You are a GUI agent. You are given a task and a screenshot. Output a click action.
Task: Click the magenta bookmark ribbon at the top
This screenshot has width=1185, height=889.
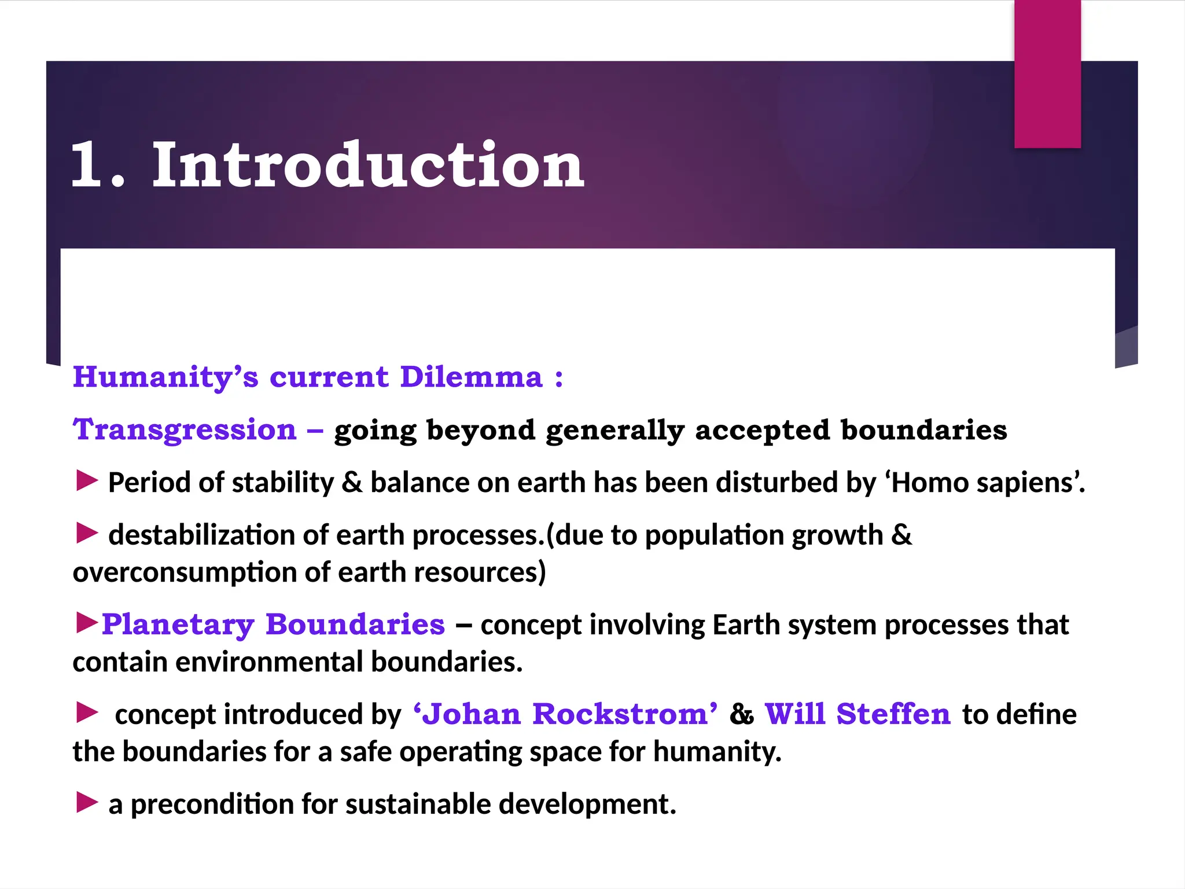pos(1047,74)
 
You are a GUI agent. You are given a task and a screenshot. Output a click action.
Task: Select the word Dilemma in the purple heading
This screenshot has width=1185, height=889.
pos(472,377)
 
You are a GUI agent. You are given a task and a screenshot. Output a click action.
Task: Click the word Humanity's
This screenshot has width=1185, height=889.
pos(165,377)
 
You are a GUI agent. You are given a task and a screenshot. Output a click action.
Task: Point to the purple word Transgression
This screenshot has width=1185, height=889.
pos(184,430)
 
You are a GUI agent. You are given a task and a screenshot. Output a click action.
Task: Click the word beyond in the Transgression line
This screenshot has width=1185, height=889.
pos(481,431)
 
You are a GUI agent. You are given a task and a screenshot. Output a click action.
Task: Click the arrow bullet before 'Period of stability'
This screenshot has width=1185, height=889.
pos(87,481)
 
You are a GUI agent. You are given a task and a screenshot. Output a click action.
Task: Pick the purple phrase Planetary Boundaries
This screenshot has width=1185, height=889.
pos(273,624)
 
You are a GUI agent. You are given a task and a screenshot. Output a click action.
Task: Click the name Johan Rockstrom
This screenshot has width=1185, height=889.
pos(565,714)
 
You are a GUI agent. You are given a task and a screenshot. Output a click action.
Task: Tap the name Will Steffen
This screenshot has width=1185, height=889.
pos(858,714)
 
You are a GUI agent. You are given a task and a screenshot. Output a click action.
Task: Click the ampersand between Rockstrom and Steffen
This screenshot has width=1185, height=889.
pos(741,714)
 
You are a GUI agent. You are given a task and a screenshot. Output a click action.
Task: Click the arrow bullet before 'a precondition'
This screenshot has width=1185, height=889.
pos(87,803)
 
